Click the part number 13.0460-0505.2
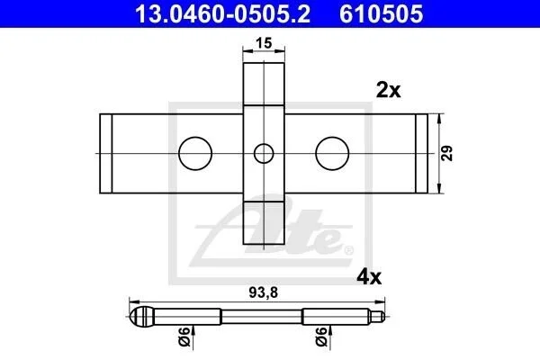[222, 13]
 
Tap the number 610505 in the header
[382, 13]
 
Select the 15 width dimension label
[264, 43]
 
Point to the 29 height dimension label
[447, 153]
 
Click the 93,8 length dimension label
[264, 292]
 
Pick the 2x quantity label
[389, 90]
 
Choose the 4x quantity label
[369, 277]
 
